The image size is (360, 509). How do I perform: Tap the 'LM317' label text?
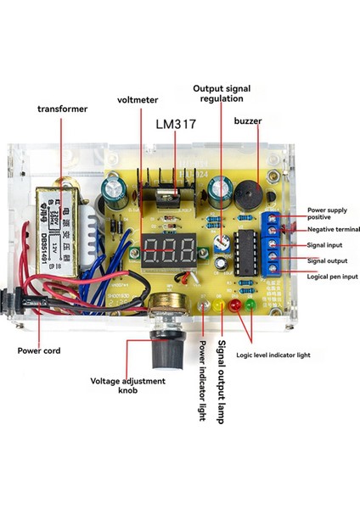click(x=176, y=125)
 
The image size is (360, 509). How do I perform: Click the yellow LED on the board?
click(x=223, y=305)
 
